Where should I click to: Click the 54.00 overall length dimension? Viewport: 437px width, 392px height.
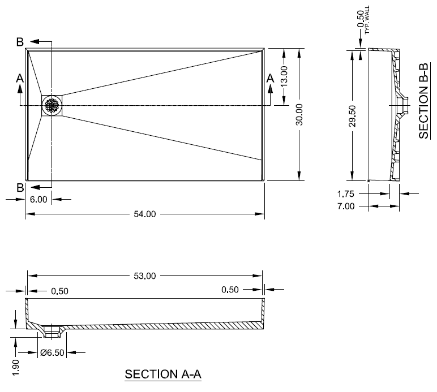144,214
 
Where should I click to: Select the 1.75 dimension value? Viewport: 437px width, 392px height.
345,193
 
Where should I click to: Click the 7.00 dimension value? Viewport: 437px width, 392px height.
345,206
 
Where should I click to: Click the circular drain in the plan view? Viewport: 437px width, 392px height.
52,106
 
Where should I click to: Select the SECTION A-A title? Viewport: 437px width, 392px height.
163,374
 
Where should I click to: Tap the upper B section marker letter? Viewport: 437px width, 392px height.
20,42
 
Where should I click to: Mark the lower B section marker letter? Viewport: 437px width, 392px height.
20,187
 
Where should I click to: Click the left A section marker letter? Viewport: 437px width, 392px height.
20,78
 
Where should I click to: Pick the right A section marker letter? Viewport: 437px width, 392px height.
270,78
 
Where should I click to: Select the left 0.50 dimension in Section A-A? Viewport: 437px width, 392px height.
59,291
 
